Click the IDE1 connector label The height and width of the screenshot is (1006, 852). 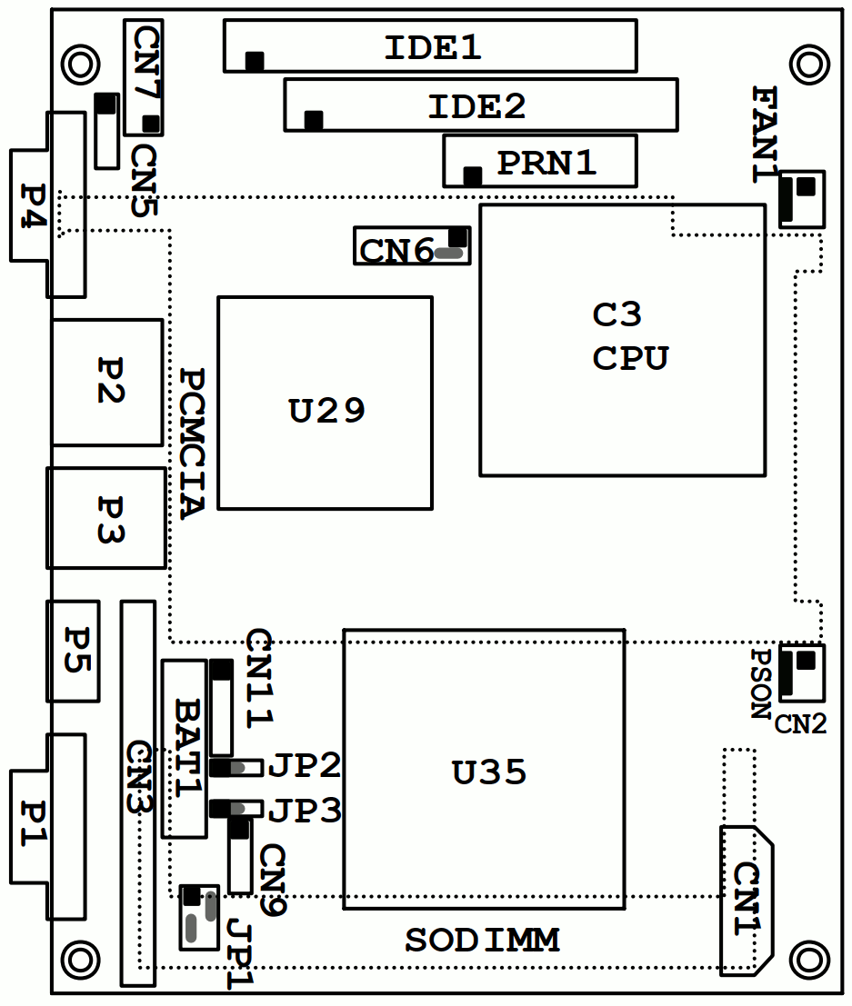tap(432, 47)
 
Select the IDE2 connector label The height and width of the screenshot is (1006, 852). tap(476, 106)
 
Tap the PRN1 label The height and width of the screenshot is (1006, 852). tap(546, 163)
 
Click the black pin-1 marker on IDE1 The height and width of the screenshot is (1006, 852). tap(255, 61)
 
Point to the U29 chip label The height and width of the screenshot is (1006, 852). tap(327, 412)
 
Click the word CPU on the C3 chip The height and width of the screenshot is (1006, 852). tap(630, 358)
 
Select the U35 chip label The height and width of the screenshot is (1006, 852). tap(489, 772)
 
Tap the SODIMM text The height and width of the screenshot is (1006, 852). tap(482, 941)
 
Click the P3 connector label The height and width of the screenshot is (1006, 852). tap(110, 519)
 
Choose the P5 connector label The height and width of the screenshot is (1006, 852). tap(73, 650)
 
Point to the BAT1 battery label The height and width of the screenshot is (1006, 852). tap(187, 747)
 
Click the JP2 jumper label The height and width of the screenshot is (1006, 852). tap(306, 766)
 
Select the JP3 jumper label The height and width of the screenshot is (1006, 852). tap(306, 810)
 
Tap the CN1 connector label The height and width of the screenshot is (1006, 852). tap(747, 900)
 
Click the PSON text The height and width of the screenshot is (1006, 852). tap(761, 683)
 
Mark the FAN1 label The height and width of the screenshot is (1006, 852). tap(767, 134)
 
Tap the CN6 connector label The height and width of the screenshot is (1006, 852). tap(397, 250)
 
